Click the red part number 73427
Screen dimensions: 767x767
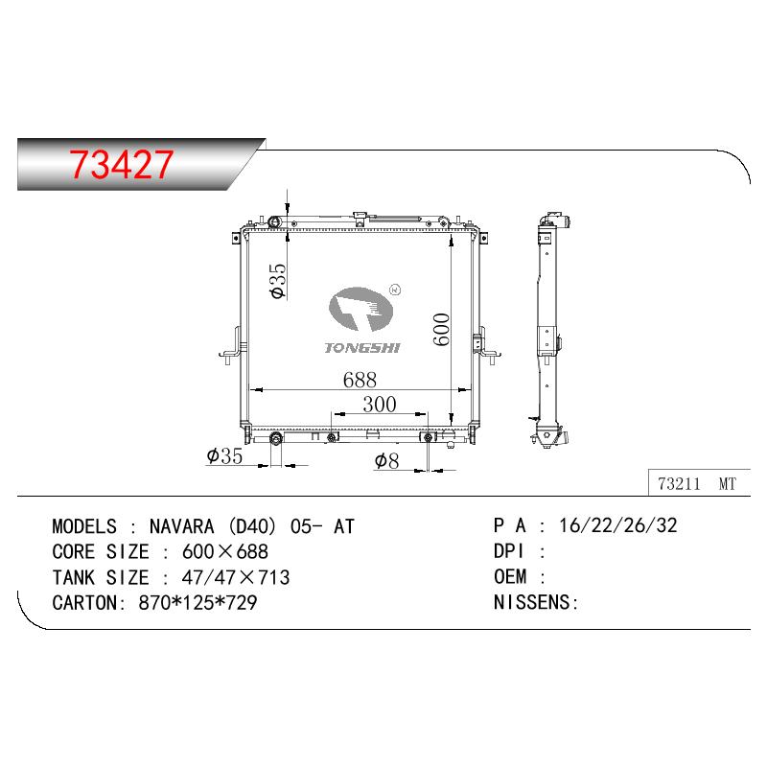(x=121, y=164)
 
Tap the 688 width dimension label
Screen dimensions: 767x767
(x=360, y=380)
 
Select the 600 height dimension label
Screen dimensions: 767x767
(x=441, y=329)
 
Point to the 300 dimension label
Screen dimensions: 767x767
(x=380, y=405)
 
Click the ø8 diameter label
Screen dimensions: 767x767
(x=386, y=460)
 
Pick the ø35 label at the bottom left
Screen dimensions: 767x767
(x=224, y=456)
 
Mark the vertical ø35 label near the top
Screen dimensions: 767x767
(x=277, y=280)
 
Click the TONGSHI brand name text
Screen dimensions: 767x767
(x=362, y=348)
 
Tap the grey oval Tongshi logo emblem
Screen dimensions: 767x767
(x=360, y=309)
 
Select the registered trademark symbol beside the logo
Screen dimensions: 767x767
(x=395, y=290)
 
